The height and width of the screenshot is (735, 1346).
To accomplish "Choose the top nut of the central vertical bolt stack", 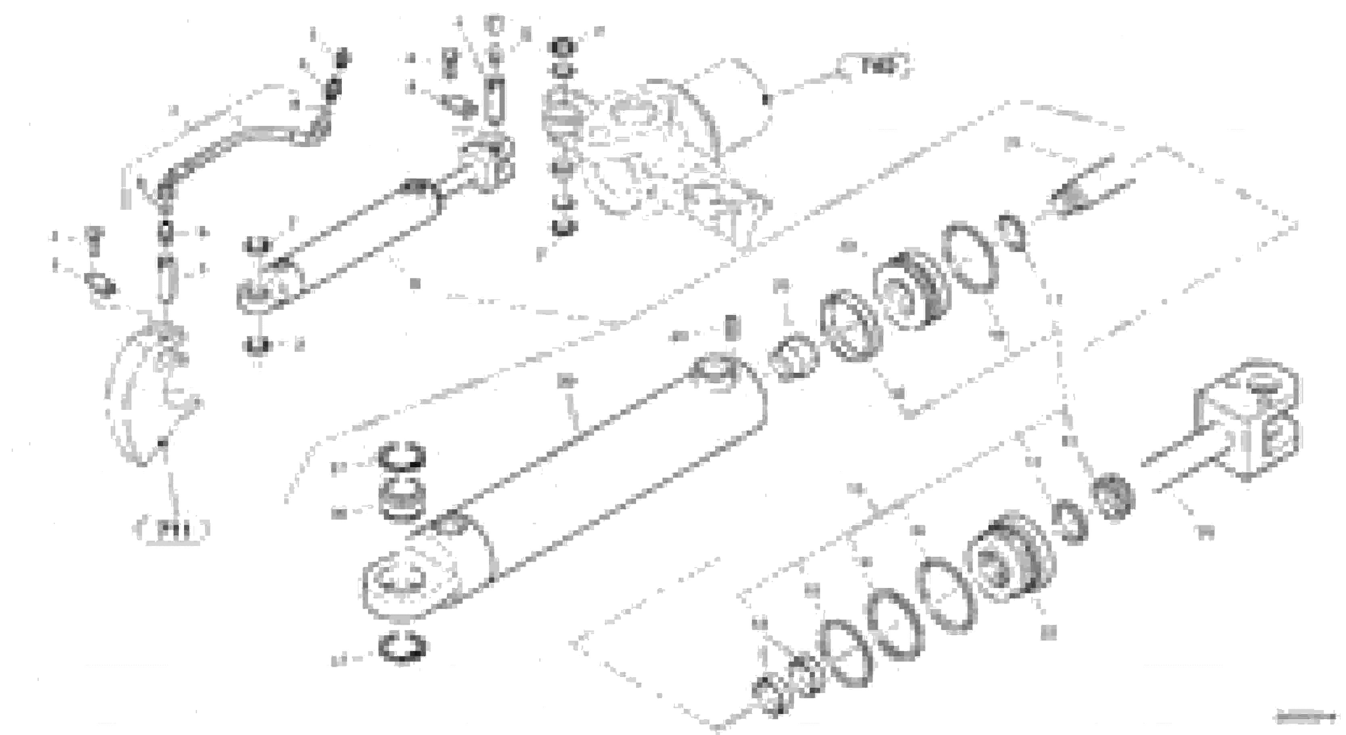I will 562,47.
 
